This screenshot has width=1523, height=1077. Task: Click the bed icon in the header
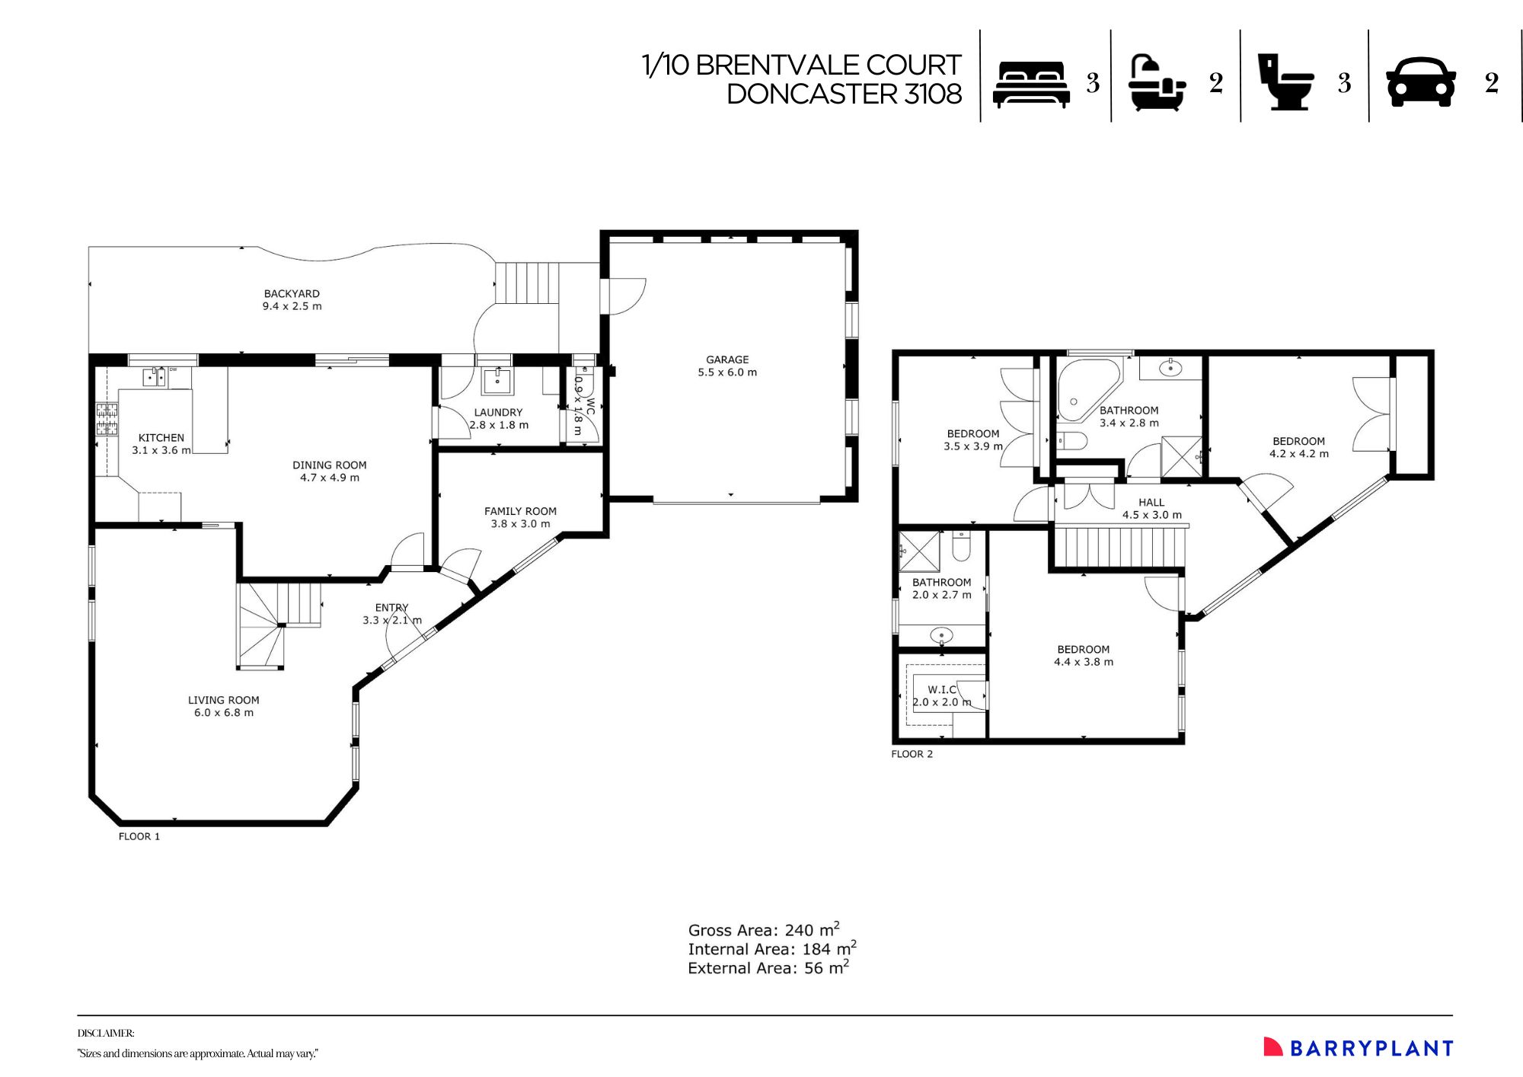1031,84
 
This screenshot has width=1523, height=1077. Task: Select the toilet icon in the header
1285,82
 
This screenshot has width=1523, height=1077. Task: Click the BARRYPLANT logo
1359,1048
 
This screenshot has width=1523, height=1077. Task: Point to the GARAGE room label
727,360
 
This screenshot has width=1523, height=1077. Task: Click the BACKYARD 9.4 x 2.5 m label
292,300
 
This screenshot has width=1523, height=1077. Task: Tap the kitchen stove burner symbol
107,418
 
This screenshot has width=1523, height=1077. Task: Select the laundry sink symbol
497,380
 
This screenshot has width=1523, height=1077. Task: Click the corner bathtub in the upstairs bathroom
1084,389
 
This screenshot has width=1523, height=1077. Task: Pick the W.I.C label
941,689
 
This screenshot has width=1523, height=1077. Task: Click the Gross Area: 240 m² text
763,930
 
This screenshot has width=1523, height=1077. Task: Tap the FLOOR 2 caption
912,754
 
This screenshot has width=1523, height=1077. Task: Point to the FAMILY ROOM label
520,512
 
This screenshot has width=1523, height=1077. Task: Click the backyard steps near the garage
527,283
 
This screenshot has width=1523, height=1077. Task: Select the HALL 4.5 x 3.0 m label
1151,509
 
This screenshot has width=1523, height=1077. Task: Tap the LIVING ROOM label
223,701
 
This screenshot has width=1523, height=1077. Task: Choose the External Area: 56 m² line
768,968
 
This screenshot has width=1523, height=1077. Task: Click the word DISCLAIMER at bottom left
106,1034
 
